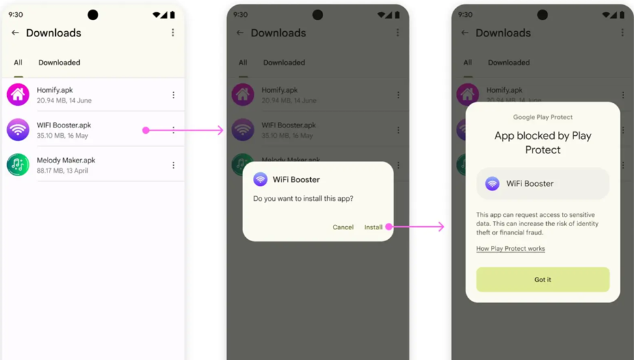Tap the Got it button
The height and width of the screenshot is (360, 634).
(x=542, y=279)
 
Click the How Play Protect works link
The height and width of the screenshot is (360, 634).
(x=510, y=248)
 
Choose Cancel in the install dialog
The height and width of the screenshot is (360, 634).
(x=343, y=227)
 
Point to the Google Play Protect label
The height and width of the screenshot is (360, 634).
(x=542, y=117)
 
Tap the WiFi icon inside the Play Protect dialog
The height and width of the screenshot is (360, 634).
(x=492, y=184)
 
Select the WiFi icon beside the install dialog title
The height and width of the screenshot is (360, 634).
(x=260, y=179)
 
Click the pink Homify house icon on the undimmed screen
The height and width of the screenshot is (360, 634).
(x=18, y=94)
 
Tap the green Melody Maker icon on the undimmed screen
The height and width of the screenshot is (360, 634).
(x=18, y=165)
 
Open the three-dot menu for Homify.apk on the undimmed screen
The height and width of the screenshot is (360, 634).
(x=174, y=95)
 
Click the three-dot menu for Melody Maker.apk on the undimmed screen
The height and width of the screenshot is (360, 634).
(x=174, y=165)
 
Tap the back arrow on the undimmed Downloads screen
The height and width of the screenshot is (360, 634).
(x=15, y=32)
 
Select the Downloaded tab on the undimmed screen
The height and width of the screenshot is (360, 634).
(x=59, y=62)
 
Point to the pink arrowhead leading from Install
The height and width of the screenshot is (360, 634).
(x=441, y=227)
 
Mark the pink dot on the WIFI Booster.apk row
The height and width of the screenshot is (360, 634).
(x=146, y=130)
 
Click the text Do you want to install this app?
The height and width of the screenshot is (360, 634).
(x=303, y=198)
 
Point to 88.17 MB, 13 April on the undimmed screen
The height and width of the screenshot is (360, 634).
(x=62, y=170)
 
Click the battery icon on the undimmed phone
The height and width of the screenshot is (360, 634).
(x=173, y=15)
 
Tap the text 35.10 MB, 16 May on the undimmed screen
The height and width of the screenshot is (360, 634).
(x=62, y=136)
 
